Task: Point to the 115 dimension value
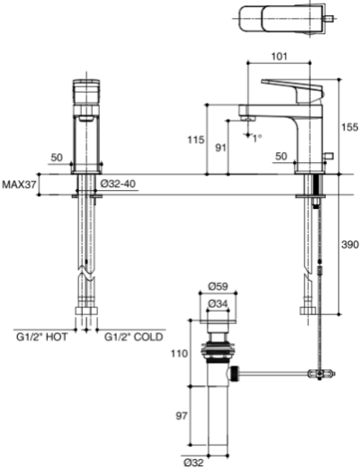point(191,140)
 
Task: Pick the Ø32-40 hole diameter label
point(117,184)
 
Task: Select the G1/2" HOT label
point(42,337)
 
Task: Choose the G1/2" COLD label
point(130,337)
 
